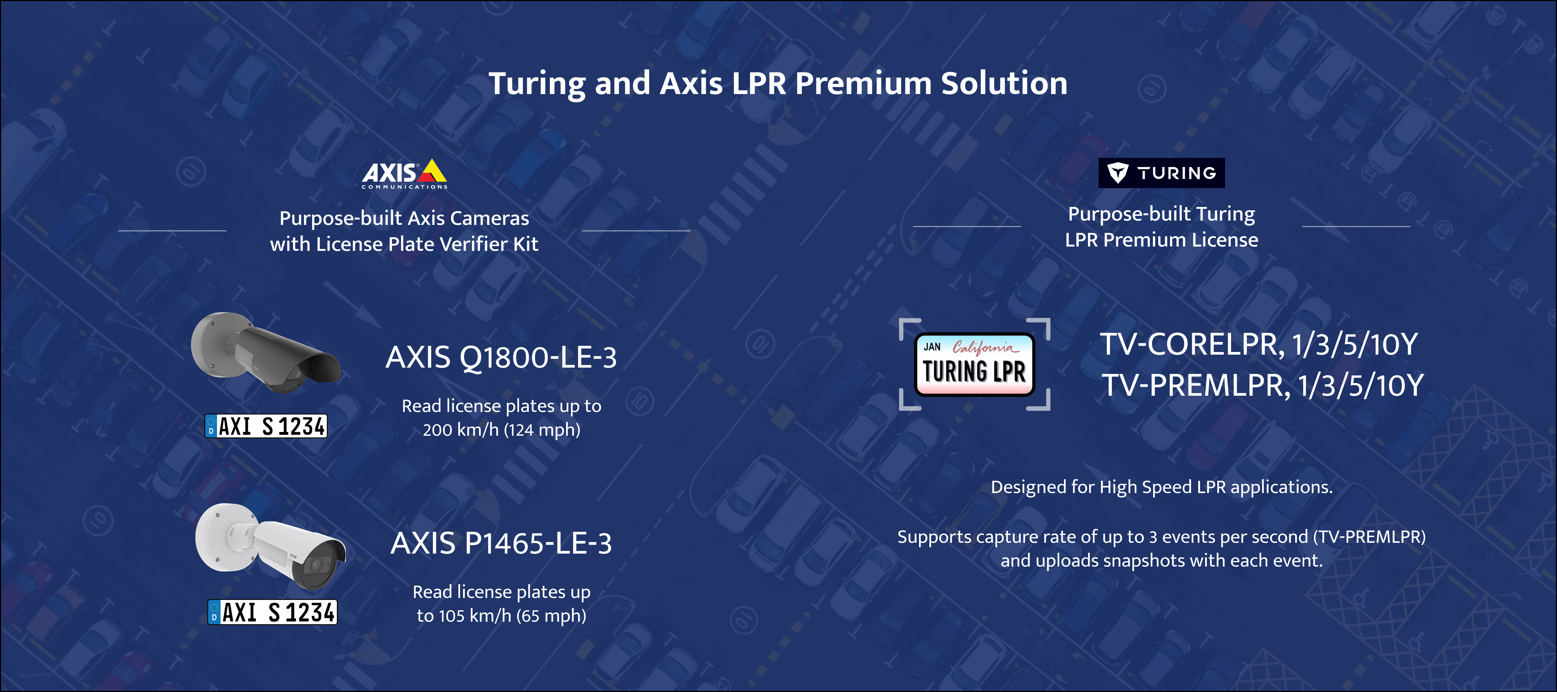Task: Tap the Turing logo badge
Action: click(x=1161, y=174)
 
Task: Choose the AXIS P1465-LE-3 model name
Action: click(x=501, y=543)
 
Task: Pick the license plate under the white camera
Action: click(x=272, y=612)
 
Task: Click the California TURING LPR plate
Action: click(x=974, y=364)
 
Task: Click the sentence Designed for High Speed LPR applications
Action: click(x=1161, y=487)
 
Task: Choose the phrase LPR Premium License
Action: click(x=1161, y=240)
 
